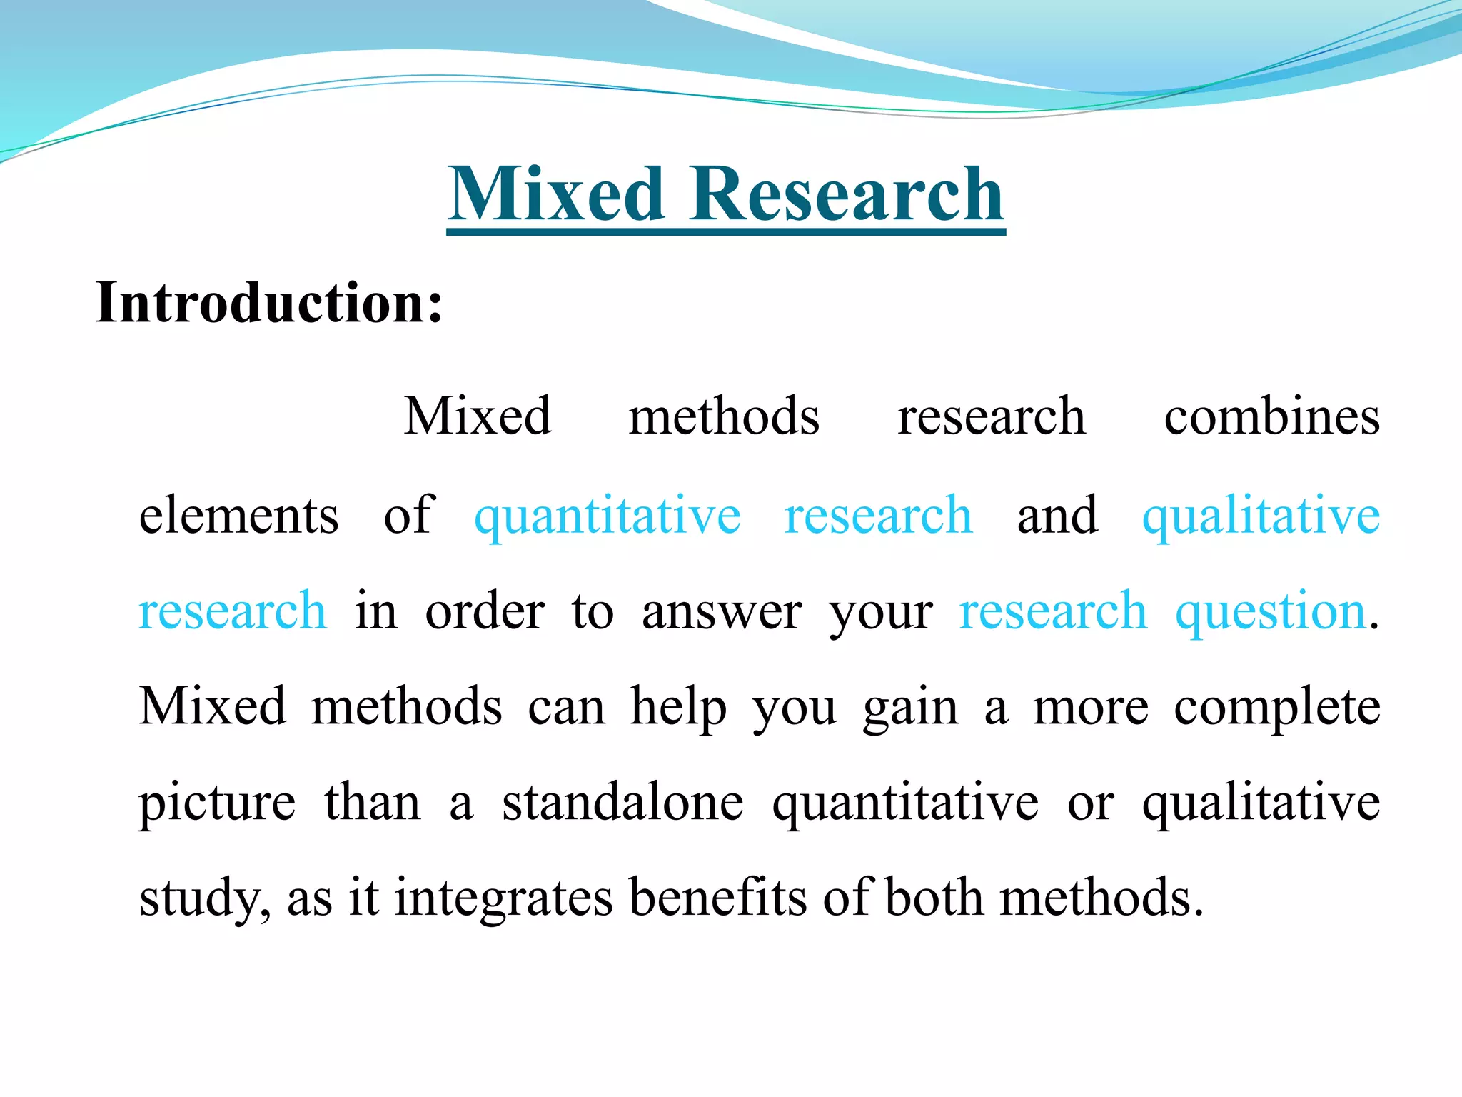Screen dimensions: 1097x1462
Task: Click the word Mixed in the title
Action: click(x=557, y=194)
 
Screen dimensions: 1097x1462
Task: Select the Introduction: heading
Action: click(x=269, y=303)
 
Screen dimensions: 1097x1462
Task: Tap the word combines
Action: click(x=1271, y=416)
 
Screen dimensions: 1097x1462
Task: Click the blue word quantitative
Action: click(x=608, y=515)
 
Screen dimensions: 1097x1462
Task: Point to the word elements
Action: click(x=238, y=515)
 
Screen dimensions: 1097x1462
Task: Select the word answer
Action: click(x=722, y=612)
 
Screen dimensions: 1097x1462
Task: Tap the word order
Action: click(x=485, y=612)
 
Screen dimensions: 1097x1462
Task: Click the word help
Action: click(x=678, y=708)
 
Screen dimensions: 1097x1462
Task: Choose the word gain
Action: click(x=910, y=708)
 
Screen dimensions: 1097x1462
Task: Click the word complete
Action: click(x=1277, y=708)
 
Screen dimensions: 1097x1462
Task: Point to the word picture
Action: click(x=217, y=803)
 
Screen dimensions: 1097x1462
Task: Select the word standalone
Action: click(x=622, y=803)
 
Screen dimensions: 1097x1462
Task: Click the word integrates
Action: click(x=503, y=898)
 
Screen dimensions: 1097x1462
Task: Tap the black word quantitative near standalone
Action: click(x=905, y=803)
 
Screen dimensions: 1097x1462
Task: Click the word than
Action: click(x=373, y=803)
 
